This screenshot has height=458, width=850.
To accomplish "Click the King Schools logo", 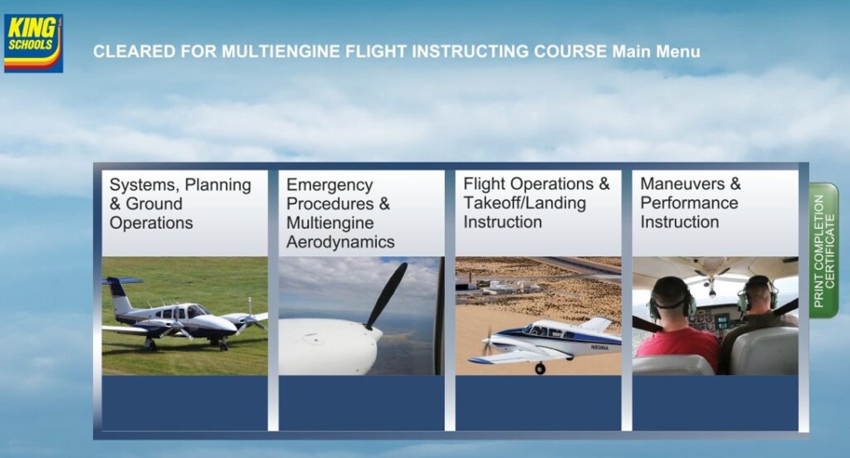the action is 33,43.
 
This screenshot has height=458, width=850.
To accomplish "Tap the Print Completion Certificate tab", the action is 824,251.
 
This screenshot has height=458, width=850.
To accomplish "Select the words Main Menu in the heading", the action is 656,51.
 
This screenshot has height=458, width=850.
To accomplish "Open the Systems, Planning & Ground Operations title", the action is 180,204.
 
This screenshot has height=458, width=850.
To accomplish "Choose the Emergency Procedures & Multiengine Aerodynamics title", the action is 340,213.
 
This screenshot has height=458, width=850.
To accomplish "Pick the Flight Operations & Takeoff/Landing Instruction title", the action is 536,202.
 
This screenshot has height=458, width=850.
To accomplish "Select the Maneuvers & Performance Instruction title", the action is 690,202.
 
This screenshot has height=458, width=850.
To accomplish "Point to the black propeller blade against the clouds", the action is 387,295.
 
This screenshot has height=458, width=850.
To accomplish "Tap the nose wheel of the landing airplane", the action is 540,368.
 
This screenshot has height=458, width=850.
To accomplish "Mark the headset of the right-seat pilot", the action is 758,293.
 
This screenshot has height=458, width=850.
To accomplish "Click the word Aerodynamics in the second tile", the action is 340,241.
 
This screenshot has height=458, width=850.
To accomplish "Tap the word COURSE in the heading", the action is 569,51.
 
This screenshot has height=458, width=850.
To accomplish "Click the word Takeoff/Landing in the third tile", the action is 525,203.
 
